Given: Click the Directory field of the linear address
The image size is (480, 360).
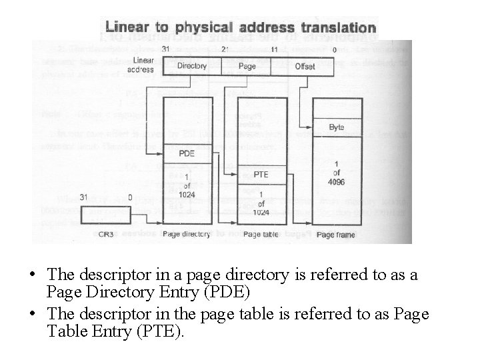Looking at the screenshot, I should point(192,65).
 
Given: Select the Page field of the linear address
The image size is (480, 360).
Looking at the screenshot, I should point(247,65).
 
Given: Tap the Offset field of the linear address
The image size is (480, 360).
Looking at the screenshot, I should point(305,65).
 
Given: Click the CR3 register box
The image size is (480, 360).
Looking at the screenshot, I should point(105,215).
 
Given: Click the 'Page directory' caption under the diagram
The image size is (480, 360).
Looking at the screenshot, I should point(187,235).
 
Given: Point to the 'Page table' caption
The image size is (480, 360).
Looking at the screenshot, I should point(261,235).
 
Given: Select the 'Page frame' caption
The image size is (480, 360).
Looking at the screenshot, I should point(336,235).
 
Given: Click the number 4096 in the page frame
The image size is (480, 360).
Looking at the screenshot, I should point(337,183).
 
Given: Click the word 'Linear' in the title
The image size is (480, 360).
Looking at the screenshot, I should point(131,28).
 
